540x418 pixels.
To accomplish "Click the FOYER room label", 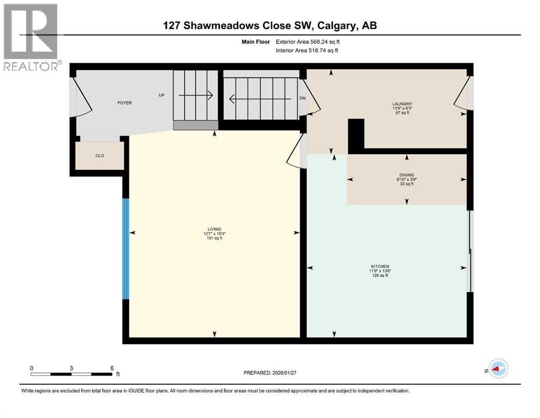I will pyautogui.click(x=124, y=103).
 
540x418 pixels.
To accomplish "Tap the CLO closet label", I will pyautogui.click(x=100, y=156).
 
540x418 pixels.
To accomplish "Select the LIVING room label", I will pyautogui.click(x=214, y=229).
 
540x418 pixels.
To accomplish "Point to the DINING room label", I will pyautogui.click(x=407, y=175).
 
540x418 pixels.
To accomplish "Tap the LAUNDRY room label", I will pyautogui.click(x=403, y=104).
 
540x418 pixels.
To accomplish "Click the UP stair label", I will pyautogui.click(x=162, y=95).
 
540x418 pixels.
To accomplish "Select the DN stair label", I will pyautogui.click(x=303, y=99).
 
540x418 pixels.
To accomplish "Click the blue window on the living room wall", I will pyautogui.click(x=126, y=249).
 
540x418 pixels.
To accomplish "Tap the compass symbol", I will pyautogui.click(x=498, y=370).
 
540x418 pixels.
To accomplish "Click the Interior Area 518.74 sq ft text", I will pyautogui.click(x=308, y=50).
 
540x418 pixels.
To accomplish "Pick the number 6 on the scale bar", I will pyautogui.click(x=111, y=368).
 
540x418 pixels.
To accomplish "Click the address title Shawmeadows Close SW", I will pyautogui.click(x=270, y=26).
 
